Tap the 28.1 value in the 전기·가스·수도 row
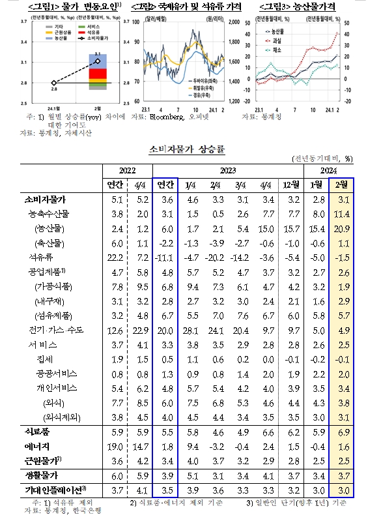pos(192,330)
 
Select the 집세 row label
pos(44,359)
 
